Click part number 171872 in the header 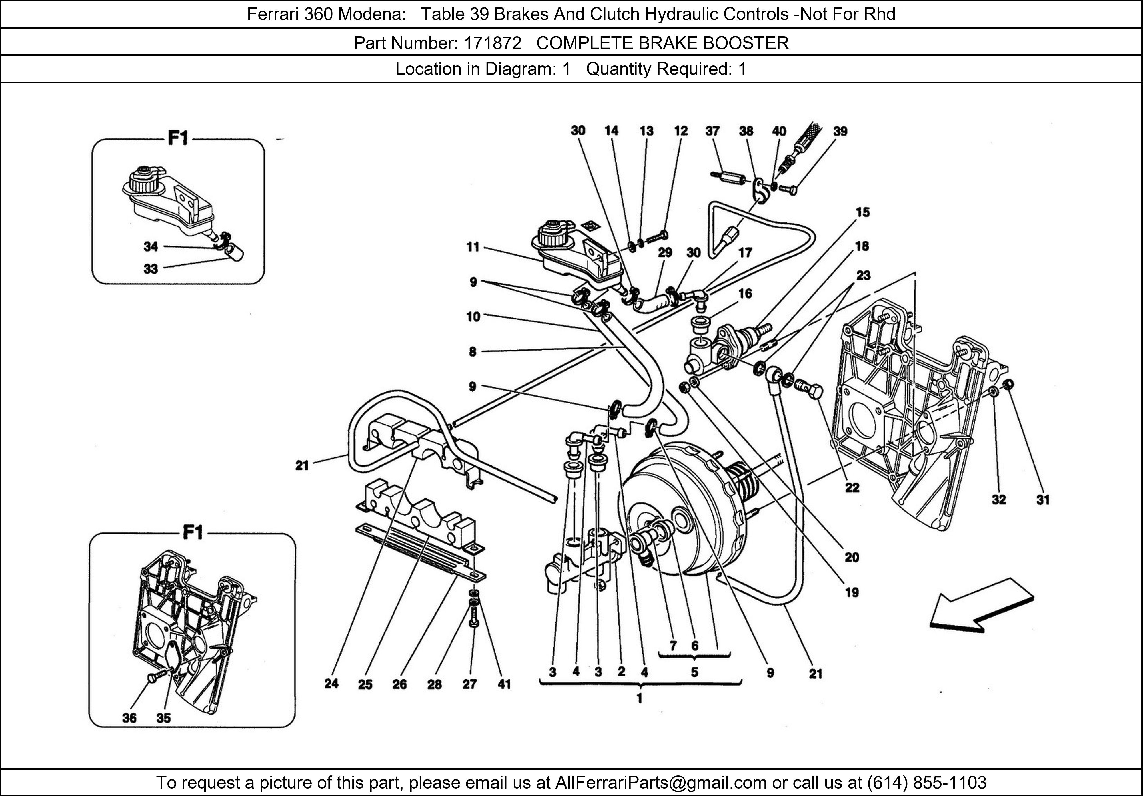492,43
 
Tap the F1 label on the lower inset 193,533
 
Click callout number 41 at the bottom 504,684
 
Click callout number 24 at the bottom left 331,684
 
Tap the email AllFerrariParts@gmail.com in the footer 661,783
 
